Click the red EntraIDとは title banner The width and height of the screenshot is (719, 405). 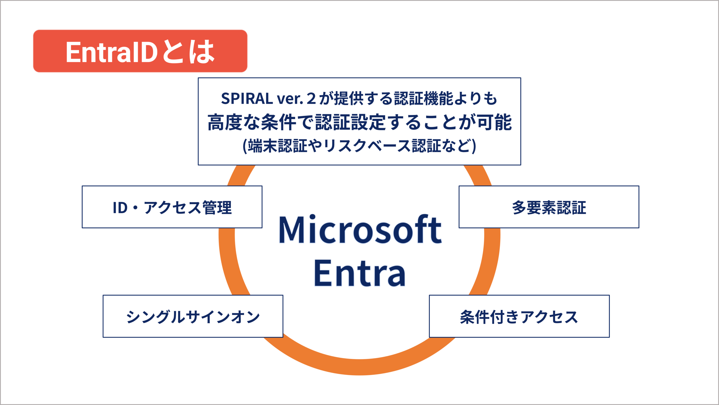140,51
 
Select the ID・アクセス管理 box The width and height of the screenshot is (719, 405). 172,207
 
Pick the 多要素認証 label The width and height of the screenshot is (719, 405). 549,208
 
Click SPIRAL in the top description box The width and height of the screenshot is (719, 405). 247,99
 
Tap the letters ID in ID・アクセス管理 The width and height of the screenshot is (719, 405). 120,208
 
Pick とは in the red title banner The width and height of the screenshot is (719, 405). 188,51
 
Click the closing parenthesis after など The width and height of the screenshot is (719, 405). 474,146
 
